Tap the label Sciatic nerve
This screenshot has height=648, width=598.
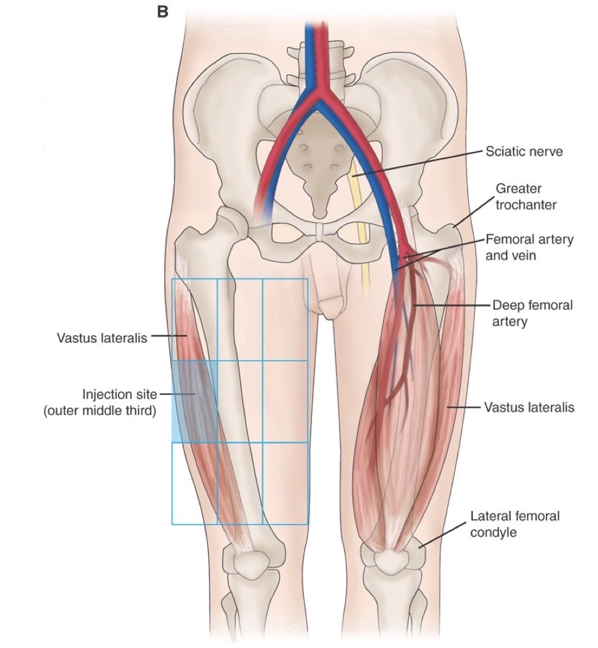click(524, 152)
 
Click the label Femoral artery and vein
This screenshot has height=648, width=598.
click(529, 246)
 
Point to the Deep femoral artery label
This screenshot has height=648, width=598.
click(532, 313)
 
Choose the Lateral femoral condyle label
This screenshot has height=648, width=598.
click(514, 524)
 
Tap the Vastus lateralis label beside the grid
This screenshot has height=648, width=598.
click(102, 338)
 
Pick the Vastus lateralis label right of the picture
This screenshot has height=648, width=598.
click(529, 407)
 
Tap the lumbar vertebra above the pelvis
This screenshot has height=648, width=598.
click(314, 57)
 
